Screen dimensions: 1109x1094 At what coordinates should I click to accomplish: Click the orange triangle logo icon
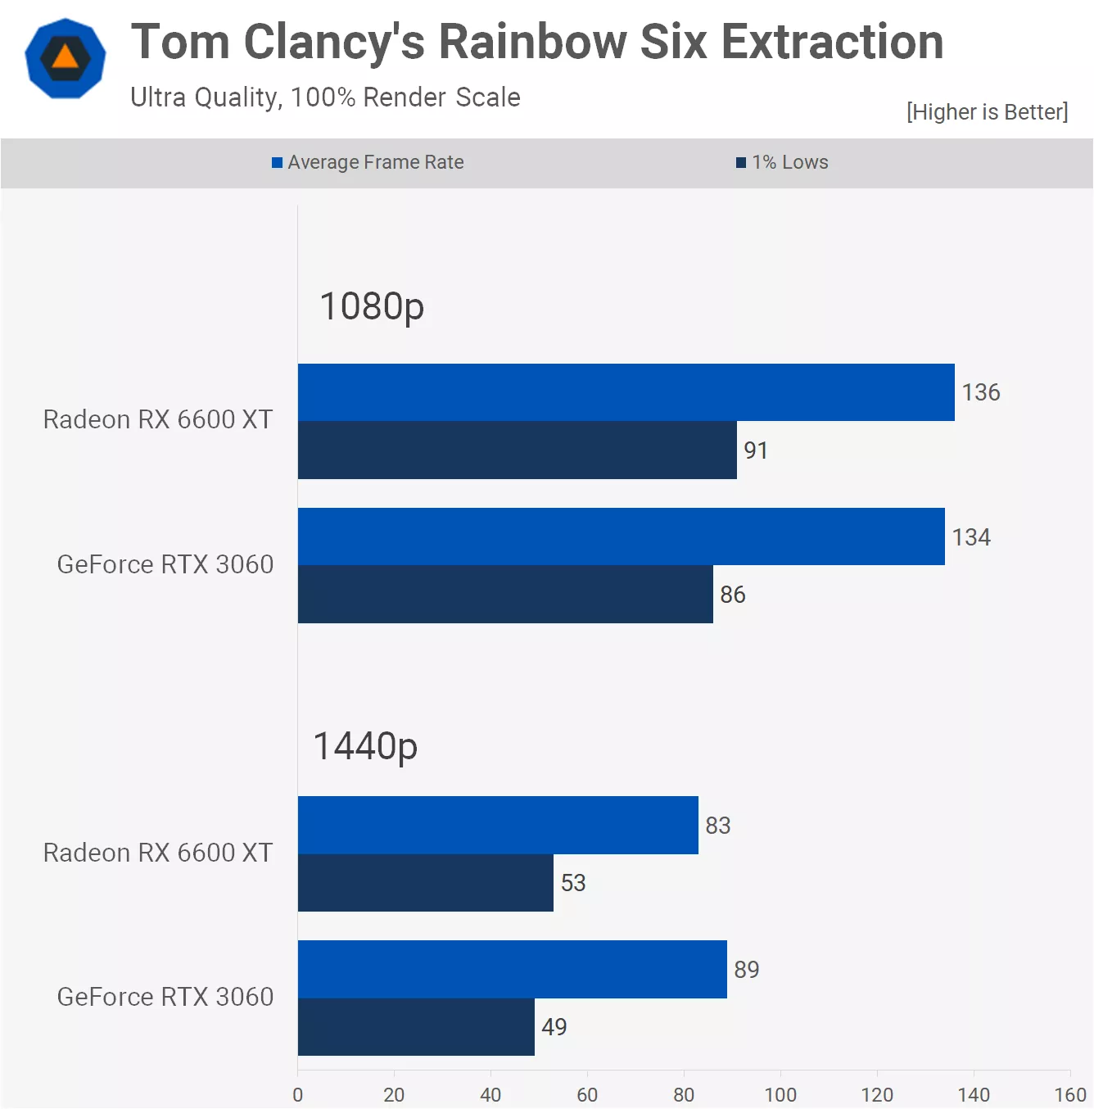point(66,58)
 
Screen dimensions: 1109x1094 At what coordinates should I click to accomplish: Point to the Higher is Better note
point(987,112)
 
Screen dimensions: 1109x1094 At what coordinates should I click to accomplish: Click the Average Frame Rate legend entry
point(368,162)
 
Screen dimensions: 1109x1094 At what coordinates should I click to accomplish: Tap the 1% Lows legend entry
point(782,162)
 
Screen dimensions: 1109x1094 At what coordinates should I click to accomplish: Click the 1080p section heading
point(372,307)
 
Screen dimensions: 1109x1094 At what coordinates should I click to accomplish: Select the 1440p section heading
point(365,747)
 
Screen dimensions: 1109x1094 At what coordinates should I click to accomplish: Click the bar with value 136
point(626,392)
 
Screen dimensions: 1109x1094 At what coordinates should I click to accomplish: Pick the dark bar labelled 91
point(517,450)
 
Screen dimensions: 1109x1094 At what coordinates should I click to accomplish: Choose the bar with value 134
point(621,536)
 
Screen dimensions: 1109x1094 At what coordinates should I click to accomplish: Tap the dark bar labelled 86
point(505,595)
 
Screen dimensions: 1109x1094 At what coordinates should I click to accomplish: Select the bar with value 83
point(498,825)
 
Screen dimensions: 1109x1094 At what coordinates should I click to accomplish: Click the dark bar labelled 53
point(425,883)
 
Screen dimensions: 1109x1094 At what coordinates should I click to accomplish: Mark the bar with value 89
point(512,969)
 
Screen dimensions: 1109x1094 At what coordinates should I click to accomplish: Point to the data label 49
point(554,1027)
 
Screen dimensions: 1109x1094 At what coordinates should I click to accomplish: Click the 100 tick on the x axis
point(780,1094)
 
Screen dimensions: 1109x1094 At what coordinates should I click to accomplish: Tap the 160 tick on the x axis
point(1069,1094)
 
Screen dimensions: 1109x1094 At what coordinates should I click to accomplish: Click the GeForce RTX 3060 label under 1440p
point(165,997)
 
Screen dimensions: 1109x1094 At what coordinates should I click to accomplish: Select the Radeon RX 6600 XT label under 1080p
point(157,419)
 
